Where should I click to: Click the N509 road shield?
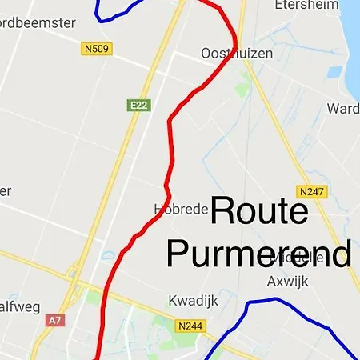pos(97,49)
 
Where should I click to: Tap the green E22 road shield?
pos(138,104)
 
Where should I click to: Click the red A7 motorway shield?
pos(54,320)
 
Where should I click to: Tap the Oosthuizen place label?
pos(236,54)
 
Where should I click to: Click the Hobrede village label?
pos(181,209)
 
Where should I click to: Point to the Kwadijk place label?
pos(193,301)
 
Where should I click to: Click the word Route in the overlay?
pos(260,212)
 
